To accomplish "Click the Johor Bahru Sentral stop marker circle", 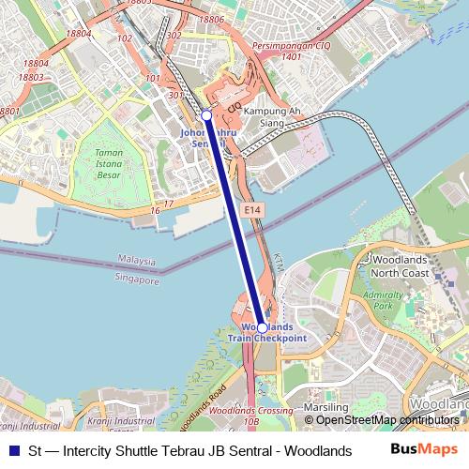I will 206,114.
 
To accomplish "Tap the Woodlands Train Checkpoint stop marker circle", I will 262,327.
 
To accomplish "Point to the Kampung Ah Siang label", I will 270,116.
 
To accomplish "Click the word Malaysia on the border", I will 137,259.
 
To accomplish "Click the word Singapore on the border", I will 137,279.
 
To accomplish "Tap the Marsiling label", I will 328,407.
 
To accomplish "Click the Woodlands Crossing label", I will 240,412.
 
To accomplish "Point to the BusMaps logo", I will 425,450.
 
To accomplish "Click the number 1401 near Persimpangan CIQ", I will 291,56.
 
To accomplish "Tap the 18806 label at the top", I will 212,19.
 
